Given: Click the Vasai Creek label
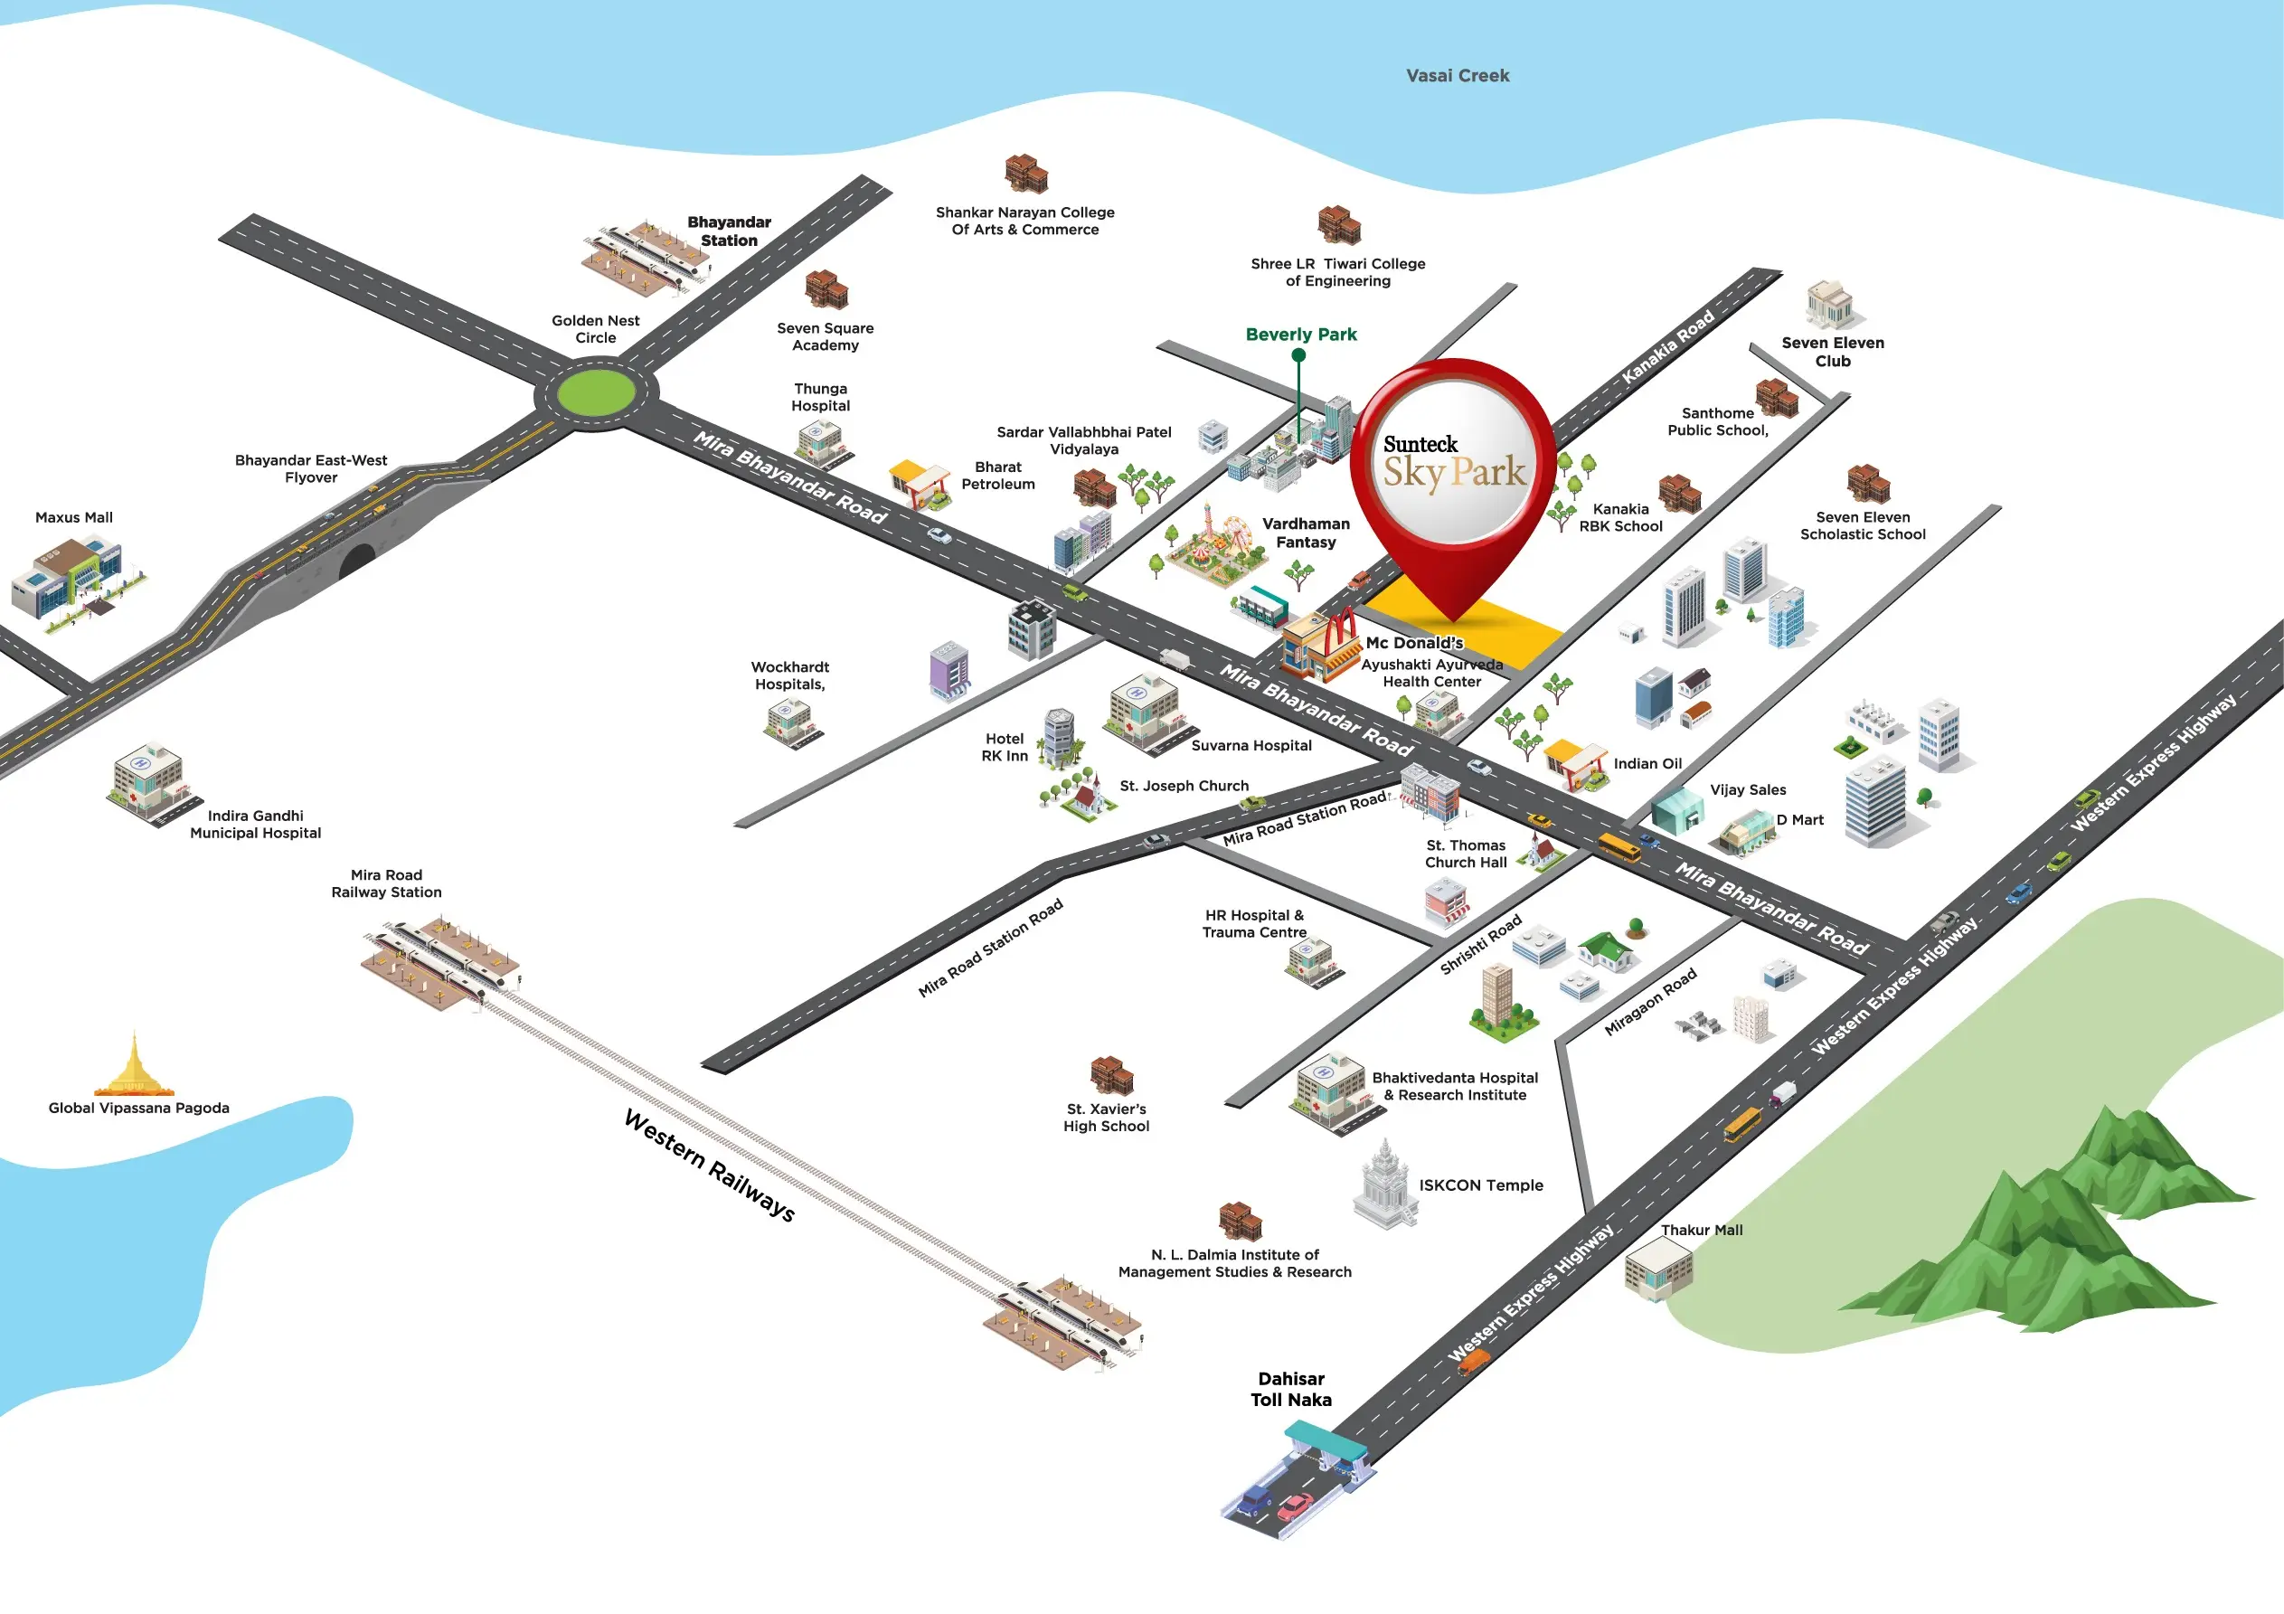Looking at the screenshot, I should [1458, 76].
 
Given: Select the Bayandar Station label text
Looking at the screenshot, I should [729, 231].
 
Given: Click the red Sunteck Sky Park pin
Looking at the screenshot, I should [1453, 467].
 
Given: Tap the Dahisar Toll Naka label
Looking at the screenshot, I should [1291, 1389].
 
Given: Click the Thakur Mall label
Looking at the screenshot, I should [1701, 1230].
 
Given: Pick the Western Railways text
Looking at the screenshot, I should [709, 1166].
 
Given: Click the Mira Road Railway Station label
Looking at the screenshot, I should [386, 883].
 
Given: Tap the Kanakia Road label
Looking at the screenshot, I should [1668, 346].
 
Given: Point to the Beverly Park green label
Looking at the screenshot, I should [1301, 335].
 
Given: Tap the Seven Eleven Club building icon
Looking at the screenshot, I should [1829, 305].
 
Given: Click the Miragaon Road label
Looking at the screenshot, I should [1650, 1002].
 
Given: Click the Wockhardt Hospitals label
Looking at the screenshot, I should [790, 675].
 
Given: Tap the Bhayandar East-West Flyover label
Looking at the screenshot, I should [310, 468].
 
